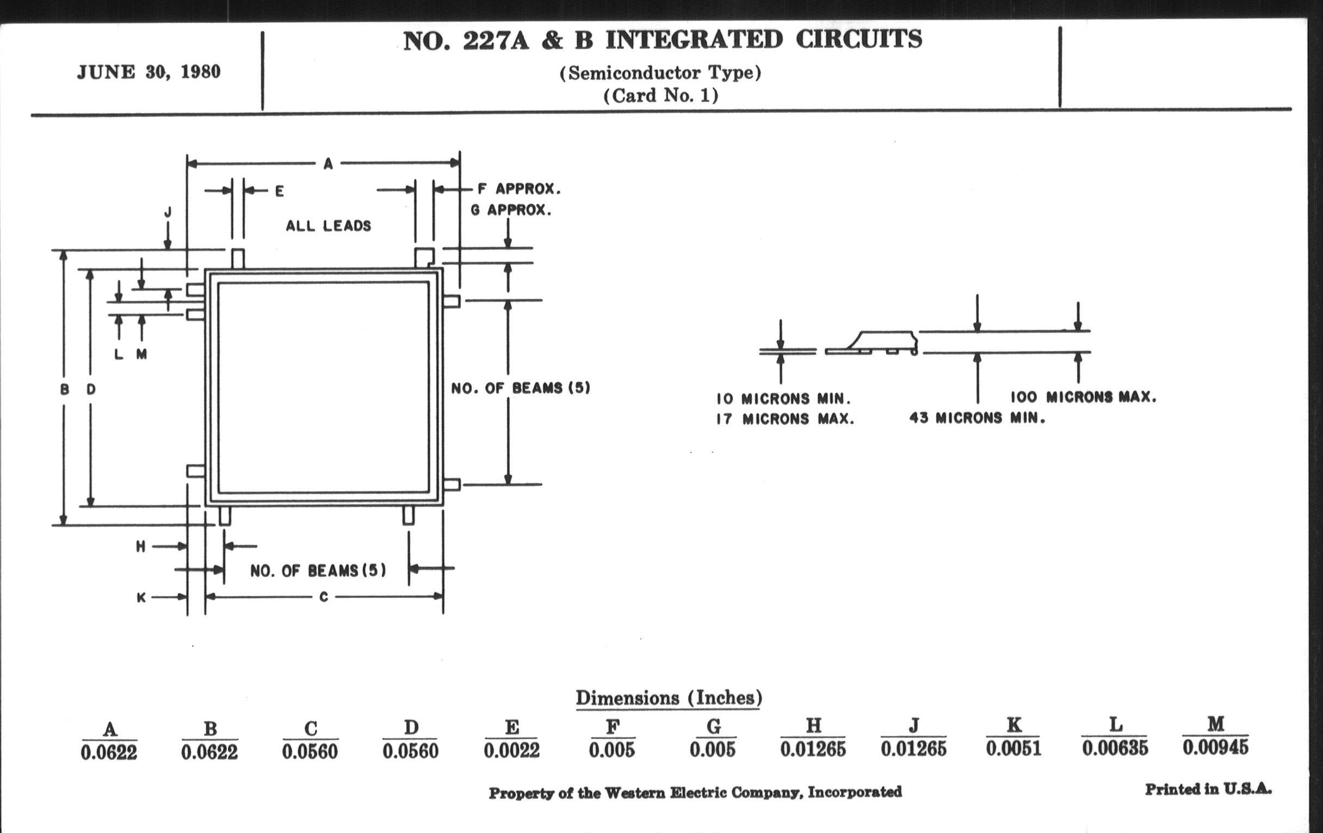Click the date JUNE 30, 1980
[x=149, y=72]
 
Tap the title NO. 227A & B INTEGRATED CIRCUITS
[x=662, y=40]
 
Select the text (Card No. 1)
[x=660, y=96]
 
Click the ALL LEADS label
[x=328, y=225]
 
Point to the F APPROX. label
[x=518, y=188]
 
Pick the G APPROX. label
[x=511, y=210]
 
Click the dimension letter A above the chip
[x=328, y=163]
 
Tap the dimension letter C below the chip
[x=324, y=597]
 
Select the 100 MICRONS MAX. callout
[x=1084, y=396]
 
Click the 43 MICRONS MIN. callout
[x=977, y=418]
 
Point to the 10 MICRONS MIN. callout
[x=783, y=398]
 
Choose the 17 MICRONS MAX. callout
[x=785, y=419]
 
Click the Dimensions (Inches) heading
[x=669, y=698]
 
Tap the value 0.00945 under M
[x=1215, y=747]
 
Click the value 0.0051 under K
[x=1013, y=748]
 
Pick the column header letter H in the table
[x=813, y=726]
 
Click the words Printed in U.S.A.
[x=1208, y=789]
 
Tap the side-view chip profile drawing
[x=873, y=343]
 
